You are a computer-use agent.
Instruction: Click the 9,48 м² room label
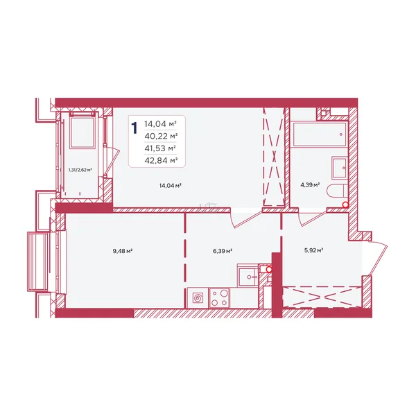[x=123, y=251]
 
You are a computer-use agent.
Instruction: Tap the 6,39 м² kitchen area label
[x=223, y=251]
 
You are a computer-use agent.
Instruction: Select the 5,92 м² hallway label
[x=313, y=250]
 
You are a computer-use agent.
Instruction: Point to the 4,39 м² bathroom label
[x=310, y=184]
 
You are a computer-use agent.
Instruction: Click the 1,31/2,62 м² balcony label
[x=80, y=170]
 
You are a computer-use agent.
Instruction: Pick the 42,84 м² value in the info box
[x=161, y=161]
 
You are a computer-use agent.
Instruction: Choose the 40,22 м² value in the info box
[x=161, y=136]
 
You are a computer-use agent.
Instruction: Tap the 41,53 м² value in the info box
[x=160, y=148]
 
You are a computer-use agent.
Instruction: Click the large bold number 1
[x=135, y=128]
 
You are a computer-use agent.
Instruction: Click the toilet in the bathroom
[x=337, y=191]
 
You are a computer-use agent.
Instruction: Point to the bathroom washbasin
[x=339, y=168]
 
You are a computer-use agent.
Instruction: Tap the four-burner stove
[x=219, y=298]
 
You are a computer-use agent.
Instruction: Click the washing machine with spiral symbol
[x=198, y=298]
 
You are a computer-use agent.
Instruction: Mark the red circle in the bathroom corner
[x=345, y=205]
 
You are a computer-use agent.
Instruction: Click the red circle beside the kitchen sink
[x=269, y=270]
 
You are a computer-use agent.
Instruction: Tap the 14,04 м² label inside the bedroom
[x=171, y=186]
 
